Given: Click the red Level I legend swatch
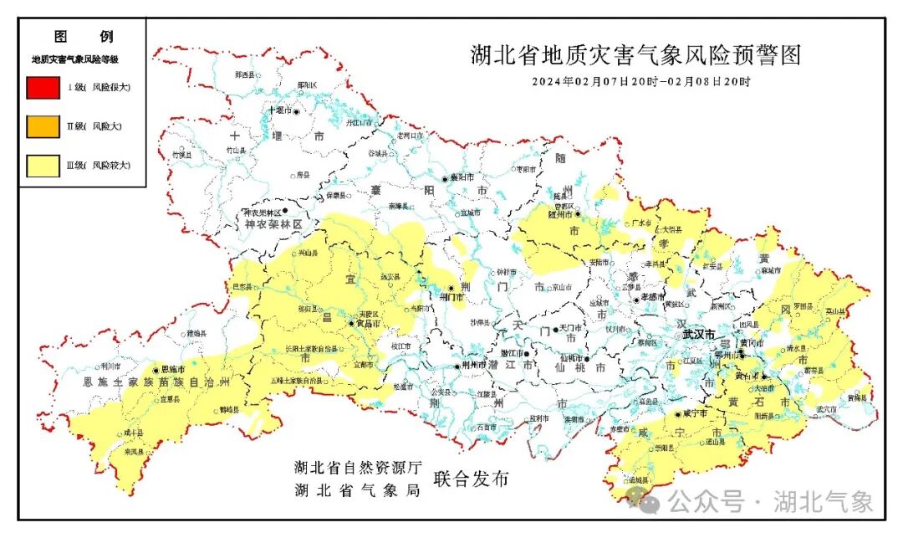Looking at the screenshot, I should coord(43,87).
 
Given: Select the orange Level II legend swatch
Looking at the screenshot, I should coord(43,126).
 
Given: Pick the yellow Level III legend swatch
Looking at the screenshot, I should coord(43,166).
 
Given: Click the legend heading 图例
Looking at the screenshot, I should coord(83,37).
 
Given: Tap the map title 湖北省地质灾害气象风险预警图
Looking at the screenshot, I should coord(635,55).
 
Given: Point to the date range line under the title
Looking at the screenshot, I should coord(641,82).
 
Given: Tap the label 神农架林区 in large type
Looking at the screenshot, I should coord(273,226).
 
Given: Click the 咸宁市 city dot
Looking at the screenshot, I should coord(678,413).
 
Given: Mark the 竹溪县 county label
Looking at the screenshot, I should coord(181,156).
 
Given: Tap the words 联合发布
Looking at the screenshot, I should coord(471,479).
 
